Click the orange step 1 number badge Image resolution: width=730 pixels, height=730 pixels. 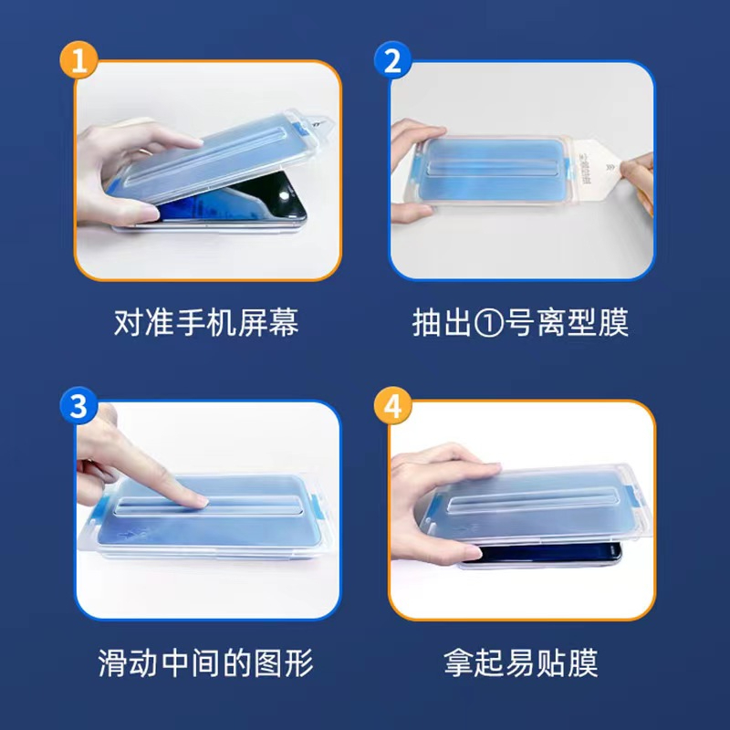pos(78,59)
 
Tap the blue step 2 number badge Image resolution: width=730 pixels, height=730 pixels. pos(393,59)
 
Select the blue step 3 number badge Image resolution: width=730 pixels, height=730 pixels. pos(78,405)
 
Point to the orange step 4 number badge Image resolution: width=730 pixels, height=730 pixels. pos(393,405)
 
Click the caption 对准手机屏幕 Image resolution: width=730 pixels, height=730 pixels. pos(206,322)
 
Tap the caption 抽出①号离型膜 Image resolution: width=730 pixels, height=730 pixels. pos(520,322)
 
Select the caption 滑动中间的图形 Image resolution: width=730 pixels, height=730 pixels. pos(206,663)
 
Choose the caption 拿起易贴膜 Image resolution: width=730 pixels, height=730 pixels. pos(520,663)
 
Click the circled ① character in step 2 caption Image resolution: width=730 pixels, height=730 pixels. pos(489,323)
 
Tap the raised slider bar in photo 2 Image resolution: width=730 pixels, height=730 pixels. pos(495,166)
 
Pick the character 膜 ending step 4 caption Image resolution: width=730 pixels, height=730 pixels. pos(583,663)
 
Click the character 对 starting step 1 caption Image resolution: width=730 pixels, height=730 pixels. pos(129,322)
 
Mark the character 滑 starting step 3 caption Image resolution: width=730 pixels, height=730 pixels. pos(113,663)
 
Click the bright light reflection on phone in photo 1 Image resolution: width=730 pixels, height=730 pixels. pos(284,195)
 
